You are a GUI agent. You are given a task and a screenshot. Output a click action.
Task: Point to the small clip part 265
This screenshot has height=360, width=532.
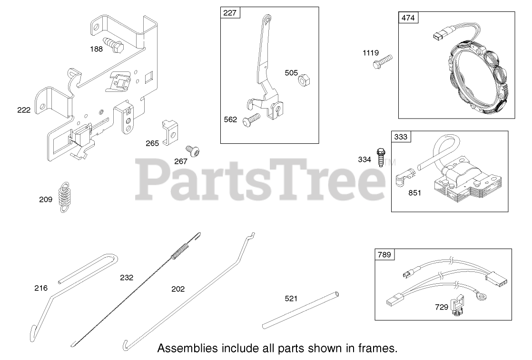pyautogui.click(x=169, y=131)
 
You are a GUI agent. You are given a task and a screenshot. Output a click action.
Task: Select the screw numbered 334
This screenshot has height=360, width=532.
pyautogui.click(x=381, y=157)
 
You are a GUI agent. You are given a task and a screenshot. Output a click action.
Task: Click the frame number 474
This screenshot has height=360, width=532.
pyautogui.click(x=408, y=18)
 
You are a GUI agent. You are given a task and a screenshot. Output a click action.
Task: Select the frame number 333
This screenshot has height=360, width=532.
pyautogui.click(x=401, y=137)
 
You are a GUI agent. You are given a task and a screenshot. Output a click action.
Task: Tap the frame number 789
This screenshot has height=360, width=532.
pyautogui.click(x=384, y=255)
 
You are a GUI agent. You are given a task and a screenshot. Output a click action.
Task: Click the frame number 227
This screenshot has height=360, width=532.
pyautogui.click(x=230, y=13)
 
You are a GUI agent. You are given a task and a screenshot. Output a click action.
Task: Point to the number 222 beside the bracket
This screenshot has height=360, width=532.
pyautogui.click(x=23, y=110)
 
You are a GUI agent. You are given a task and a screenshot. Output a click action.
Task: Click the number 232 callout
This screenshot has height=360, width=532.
pyautogui.click(x=127, y=278)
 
